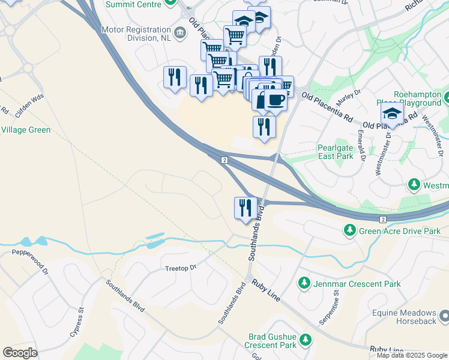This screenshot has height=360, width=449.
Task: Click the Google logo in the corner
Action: pyautogui.click(x=20, y=353)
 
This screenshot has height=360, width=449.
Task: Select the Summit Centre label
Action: pyautogui.click(x=133, y=5)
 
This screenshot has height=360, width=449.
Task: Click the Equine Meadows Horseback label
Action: pyautogui.click(x=403, y=317)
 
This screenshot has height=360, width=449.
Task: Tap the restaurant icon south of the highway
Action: pyautogui.click(x=246, y=208)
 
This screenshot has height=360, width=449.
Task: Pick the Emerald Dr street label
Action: pyautogui.click(x=361, y=146)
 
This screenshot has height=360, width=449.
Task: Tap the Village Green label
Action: pyautogui.click(x=25, y=130)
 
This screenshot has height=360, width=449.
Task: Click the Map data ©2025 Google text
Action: pyautogui.click(x=412, y=355)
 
